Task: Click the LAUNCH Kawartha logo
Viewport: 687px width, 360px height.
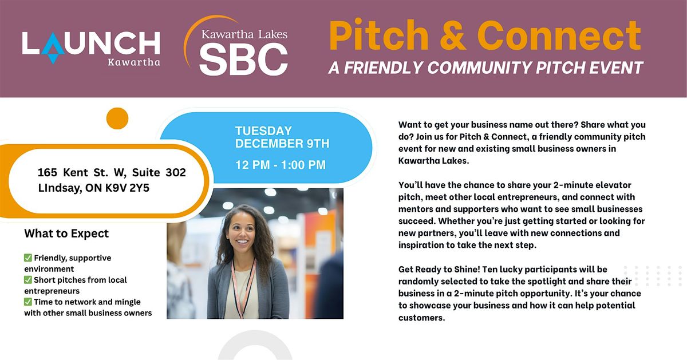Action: [x=91, y=48]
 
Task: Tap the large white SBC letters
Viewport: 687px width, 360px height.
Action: [x=243, y=59]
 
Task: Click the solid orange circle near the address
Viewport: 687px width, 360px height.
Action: [x=117, y=118]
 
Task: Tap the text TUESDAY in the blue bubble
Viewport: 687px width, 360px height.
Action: [x=263, y=131]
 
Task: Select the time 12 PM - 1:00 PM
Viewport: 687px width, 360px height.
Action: [x=281, y=165]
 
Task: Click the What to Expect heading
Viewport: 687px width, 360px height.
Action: [x=66, y=234]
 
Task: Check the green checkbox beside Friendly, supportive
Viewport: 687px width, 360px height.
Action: [x=28, y=258]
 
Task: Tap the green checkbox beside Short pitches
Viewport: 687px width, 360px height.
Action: [x=28, y=280]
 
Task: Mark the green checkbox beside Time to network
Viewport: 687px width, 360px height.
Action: [x=28, y=302]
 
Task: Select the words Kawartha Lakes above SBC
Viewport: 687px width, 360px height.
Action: [x=244, y=34]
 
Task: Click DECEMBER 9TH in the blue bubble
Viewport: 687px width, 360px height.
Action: [x=282, y=144]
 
